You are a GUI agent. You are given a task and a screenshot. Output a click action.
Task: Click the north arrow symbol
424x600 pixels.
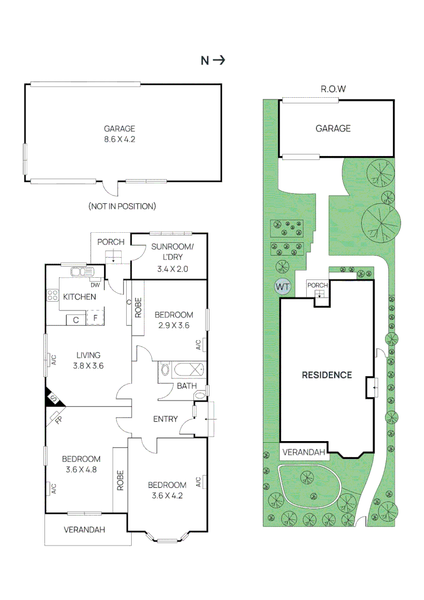click(x=219, y=61)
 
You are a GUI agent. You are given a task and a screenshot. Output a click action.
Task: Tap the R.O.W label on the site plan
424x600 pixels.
click(x=333, y=89)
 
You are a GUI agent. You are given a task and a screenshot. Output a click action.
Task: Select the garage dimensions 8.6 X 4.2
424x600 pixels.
click(x=119, y=139)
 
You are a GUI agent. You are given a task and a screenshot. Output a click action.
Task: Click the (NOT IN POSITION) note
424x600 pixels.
click(x=122, y=206)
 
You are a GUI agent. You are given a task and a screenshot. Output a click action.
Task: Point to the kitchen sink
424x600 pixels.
click(x=82, y=272)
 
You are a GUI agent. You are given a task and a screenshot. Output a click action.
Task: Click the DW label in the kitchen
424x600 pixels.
click(x=94, y=286)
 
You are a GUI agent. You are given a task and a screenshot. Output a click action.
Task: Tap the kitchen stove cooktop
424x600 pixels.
click(x=53, y=296)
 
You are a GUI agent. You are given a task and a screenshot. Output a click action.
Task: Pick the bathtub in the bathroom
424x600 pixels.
click(x=182, y=369)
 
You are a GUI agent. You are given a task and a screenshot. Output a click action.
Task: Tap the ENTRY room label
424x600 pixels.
click(x=165, y=419)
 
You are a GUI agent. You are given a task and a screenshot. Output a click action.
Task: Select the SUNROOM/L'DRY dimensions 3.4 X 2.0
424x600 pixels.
click(x=169, y=268)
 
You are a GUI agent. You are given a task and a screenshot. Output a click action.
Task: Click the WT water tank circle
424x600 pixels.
click(x=283, y=287)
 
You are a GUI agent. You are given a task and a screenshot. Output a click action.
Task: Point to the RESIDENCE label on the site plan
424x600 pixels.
click(x=327, y=375)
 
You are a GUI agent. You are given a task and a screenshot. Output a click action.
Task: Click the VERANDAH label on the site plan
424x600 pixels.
click(x=303, y=452)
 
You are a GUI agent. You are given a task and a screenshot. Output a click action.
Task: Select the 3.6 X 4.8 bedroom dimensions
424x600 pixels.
click(x=81, y=469)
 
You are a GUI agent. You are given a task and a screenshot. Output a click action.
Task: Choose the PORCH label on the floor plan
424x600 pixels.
click(x=110, y=242)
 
